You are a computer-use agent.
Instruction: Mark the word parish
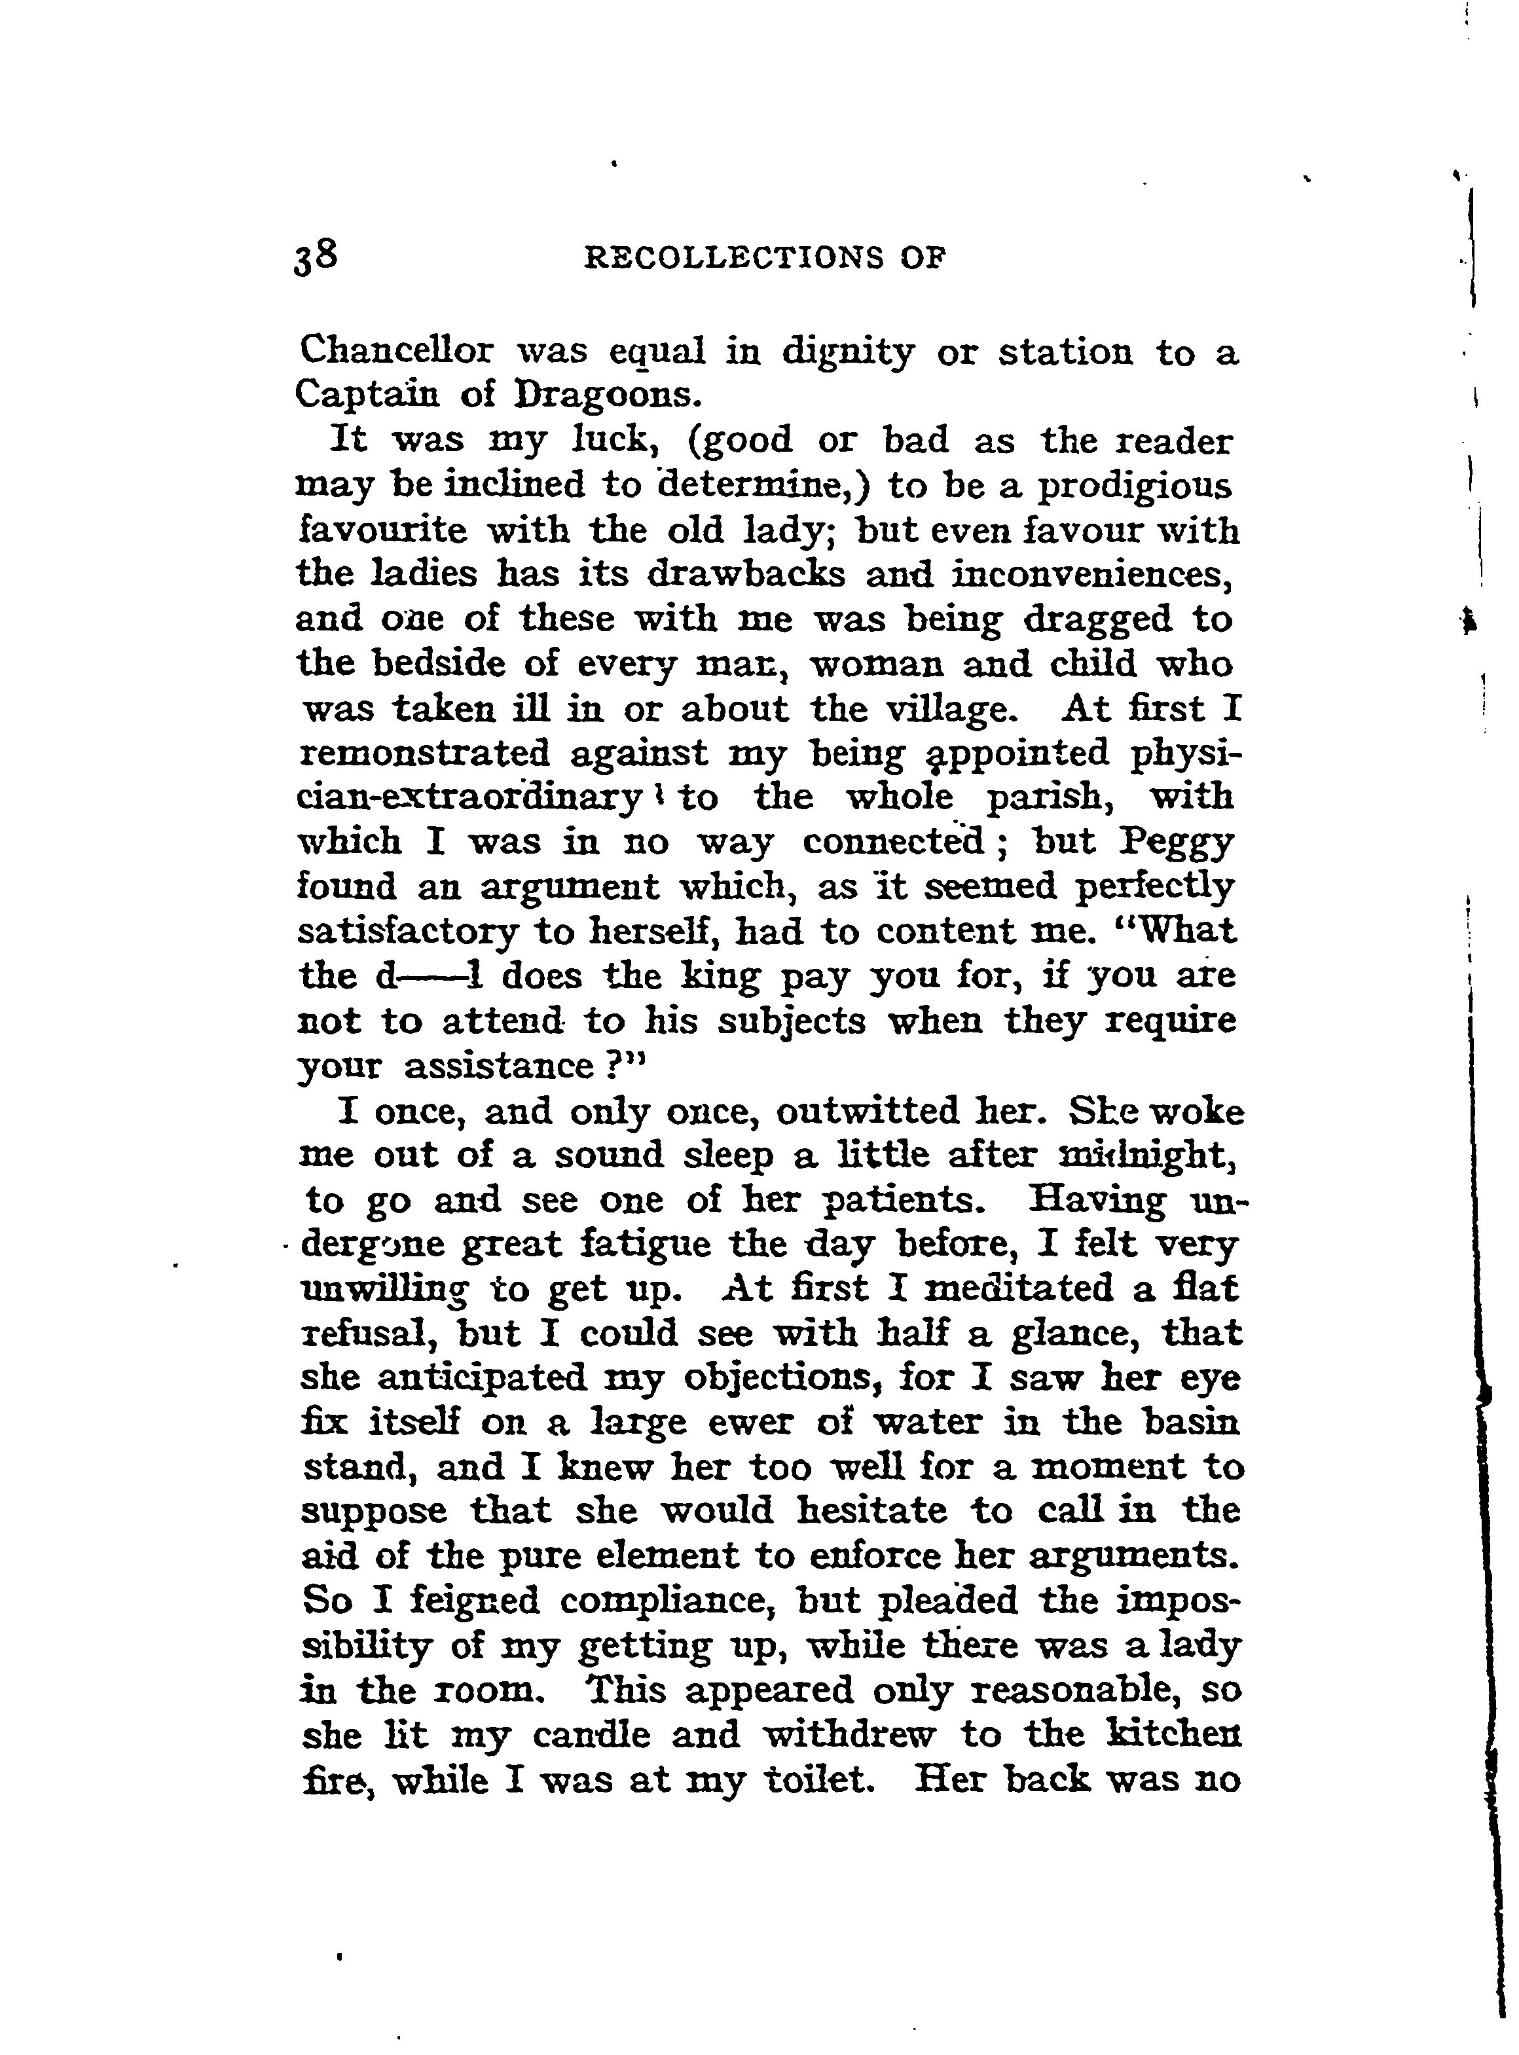[1051, 796]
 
